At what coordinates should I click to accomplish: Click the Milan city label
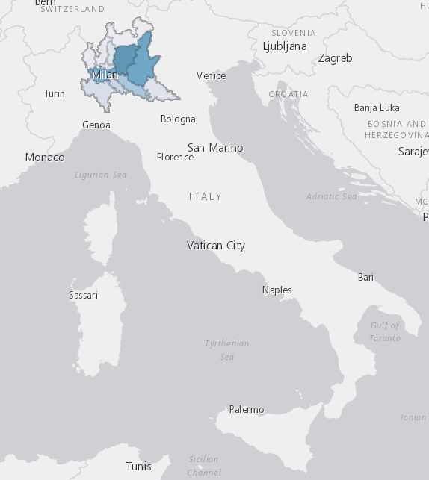tap(105, 75)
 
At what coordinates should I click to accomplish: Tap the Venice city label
tap(211, 75)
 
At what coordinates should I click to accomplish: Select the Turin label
tap(55, 93)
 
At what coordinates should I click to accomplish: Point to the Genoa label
tap(96, 125)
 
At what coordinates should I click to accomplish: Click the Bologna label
tap(178, 119)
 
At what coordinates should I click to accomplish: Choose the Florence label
tap(175, 157)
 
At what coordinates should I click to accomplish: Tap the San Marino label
tap(215, 147)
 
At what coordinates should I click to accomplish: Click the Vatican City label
tap(216, 246)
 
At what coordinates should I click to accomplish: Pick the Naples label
tap(277, 290)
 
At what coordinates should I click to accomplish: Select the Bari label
tap(365, 277)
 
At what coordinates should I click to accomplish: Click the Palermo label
tap(247, 409)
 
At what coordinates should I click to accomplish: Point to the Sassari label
tap(83, 295)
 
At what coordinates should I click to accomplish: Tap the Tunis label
tap(138, 466)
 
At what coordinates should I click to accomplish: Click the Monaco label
tap(45, 158)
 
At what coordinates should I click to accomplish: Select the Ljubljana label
tap(285, 46)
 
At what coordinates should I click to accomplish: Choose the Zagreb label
tap(335, 57)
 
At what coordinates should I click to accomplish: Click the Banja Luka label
tap(377, 107)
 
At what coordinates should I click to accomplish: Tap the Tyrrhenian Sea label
tap(227, 350)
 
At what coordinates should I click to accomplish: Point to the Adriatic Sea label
tap(332, 196)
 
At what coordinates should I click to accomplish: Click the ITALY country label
tap(206, 196)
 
